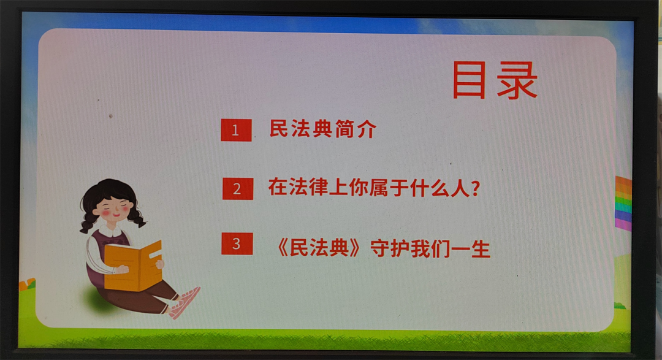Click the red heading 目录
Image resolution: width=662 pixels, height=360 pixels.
point(495,80)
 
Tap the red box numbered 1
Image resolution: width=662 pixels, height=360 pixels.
point(236,130)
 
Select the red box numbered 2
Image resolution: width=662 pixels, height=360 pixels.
point(238,188)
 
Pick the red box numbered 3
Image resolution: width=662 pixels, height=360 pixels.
point(237,244)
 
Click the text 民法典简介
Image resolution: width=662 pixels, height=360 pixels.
point(322,129)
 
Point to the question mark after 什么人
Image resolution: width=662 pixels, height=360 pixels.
point(476,188)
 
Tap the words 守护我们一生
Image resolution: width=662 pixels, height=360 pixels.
point(430,248)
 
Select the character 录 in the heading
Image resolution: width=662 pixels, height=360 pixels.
point(517,80)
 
